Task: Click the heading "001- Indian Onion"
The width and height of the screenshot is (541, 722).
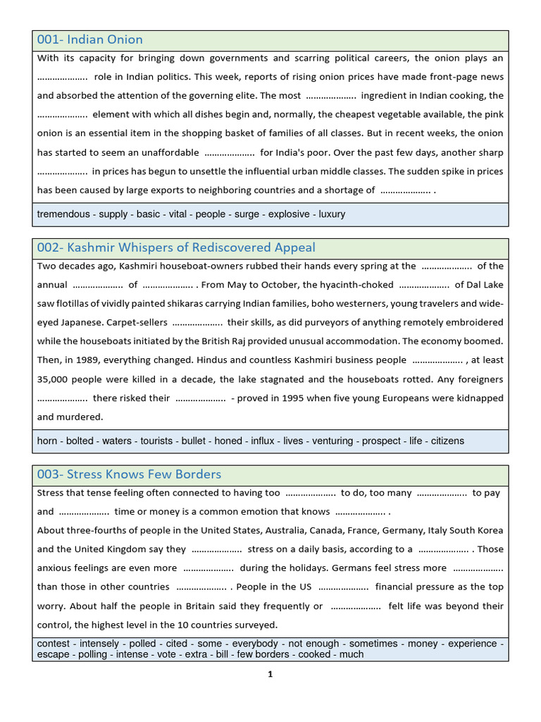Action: click(89, 39)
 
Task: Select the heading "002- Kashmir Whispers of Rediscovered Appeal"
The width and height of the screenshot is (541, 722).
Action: click(176, 247)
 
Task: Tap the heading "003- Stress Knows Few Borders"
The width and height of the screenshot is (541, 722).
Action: click(129, 474)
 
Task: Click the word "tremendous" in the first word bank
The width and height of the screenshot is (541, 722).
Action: click(63, 214)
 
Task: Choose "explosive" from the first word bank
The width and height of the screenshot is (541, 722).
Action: click(289, 214)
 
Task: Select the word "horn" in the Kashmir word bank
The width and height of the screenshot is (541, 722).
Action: click(47, 441)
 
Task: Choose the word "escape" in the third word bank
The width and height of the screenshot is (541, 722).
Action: click(53, 654)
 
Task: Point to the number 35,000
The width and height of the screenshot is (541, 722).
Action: click(54, 379)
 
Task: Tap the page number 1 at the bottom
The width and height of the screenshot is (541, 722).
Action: click(270, 674)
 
